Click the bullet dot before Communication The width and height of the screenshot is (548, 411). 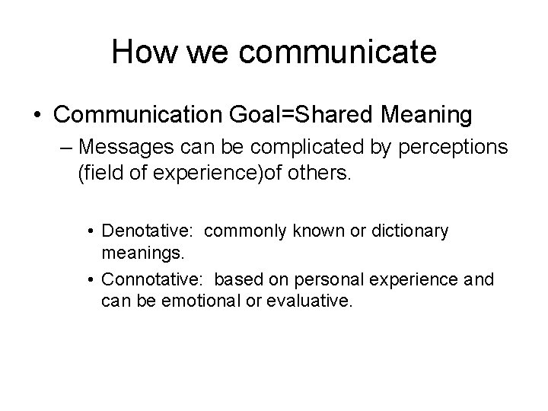click(37, 116)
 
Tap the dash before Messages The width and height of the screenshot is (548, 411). click(65, 146)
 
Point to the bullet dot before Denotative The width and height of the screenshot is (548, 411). click(91, 231)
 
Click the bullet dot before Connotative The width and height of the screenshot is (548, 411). click(91, 280)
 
